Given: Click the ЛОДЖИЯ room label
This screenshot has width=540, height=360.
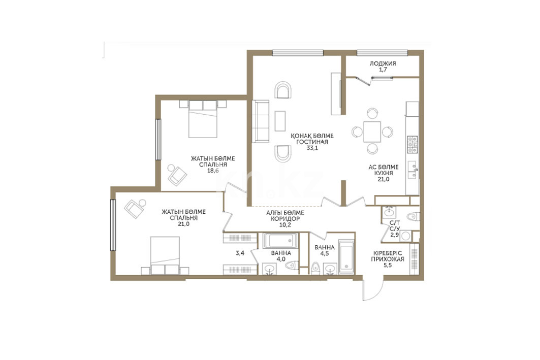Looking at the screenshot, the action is (x=383, y=63).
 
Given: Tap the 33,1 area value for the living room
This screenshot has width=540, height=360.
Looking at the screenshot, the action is (x=312, y=148).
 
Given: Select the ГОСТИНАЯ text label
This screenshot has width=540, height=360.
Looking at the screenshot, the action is (x=312, y=142).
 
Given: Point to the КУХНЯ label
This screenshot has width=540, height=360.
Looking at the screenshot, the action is (x=384, y=173).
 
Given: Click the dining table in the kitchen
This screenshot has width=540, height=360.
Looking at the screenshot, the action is (x=372, y=132).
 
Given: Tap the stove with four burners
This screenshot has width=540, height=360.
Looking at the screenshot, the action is (x=412, y=145).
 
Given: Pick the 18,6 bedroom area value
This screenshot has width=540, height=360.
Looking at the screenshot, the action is (x=213, y=171).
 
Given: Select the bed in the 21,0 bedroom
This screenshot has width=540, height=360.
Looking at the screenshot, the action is (x=165, y=255).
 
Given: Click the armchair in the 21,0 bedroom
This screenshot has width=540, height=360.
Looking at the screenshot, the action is (x=135, y=208).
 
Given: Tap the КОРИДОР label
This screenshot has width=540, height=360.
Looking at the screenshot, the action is (x=285, y=218).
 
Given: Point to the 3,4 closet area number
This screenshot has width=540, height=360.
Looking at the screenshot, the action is (x=240, y=253).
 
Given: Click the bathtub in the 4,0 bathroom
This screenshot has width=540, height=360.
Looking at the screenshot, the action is (x=280, y=241).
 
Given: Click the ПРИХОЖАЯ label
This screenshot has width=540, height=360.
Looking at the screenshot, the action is (x=388, y=259).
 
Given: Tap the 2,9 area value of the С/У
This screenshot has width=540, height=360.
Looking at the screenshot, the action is (x=394, y=235).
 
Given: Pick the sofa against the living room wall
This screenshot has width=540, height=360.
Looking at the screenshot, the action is (x=261, y=121).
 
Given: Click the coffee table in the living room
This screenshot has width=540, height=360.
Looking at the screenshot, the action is (x=280, y=121).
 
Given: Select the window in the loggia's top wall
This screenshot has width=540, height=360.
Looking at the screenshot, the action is (x=383, y=53).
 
